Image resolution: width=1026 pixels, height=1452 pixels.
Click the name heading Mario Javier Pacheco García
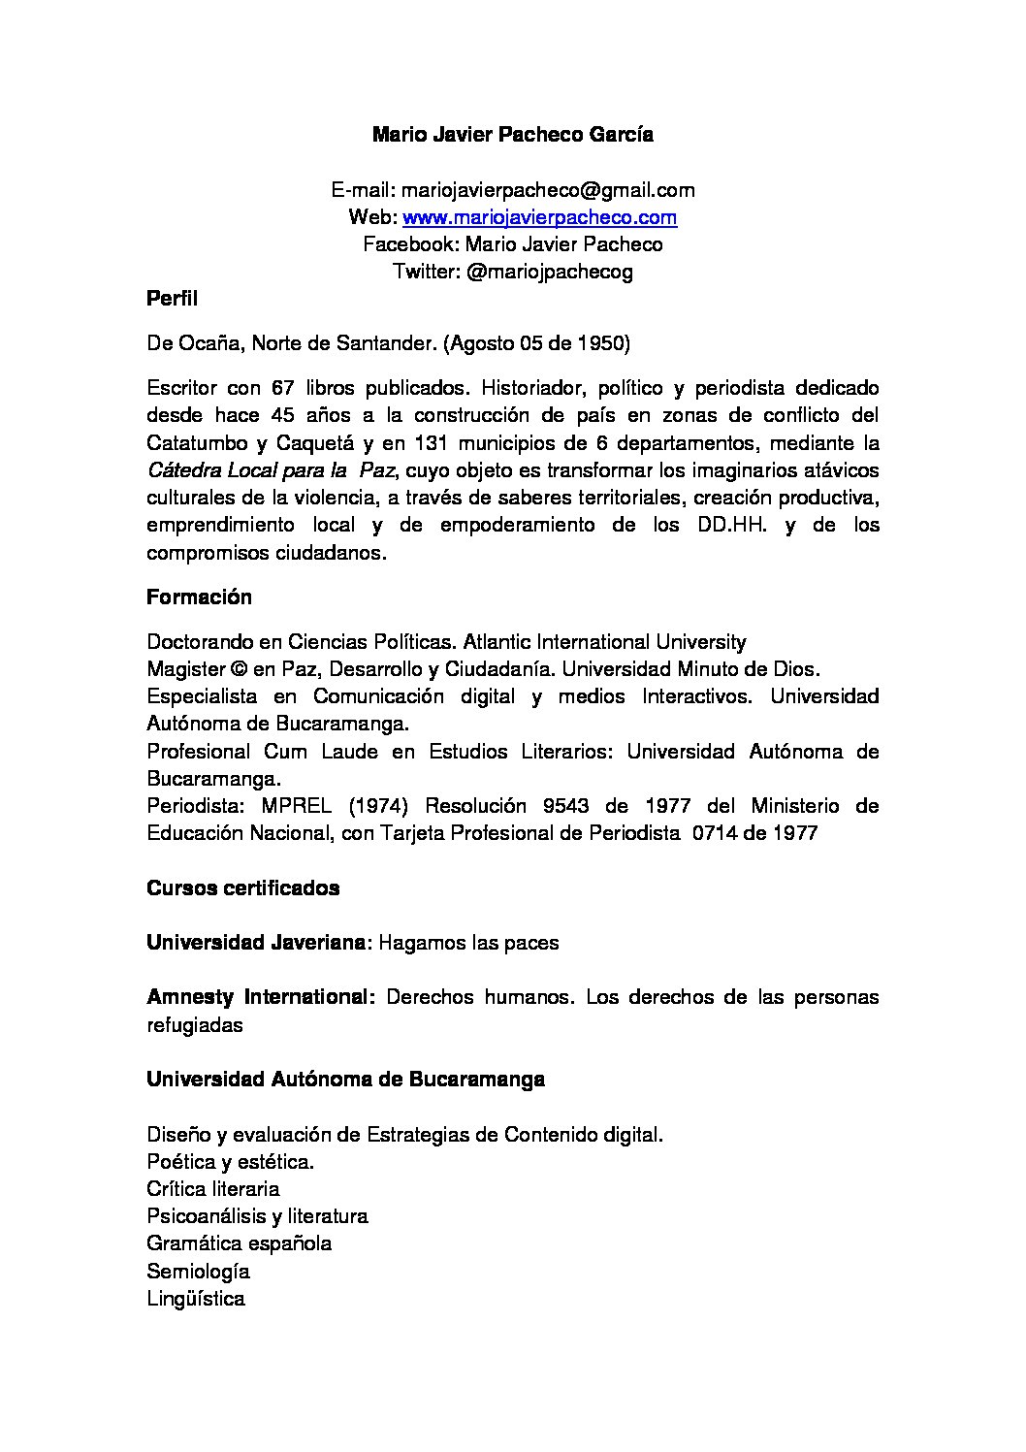coord(512,135)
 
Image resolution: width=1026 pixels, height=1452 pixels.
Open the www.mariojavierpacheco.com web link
coord(539,217)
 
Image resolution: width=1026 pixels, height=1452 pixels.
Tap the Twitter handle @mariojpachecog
coord(549,272)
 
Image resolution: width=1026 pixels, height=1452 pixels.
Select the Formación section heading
coord(199,597)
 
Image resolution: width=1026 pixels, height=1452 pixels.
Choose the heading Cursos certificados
coord(242,888)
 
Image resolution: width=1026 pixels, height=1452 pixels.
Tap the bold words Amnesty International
coord(260,997)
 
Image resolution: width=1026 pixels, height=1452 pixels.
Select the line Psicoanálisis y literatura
coord(257,1216)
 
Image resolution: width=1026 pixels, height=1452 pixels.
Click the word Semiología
coord(198,1271)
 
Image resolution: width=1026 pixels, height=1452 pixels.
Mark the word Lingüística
coord(196,1299)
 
